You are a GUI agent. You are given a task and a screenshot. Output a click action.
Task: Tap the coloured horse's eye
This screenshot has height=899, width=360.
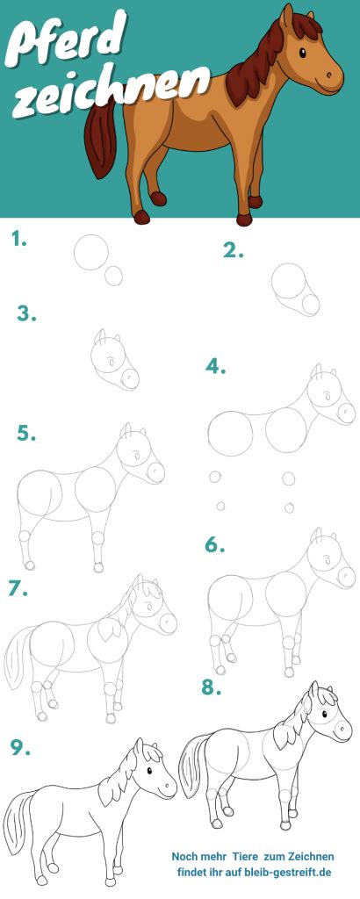(x=302, y=53)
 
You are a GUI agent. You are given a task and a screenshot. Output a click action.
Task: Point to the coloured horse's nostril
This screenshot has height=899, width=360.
(x=329, y=75)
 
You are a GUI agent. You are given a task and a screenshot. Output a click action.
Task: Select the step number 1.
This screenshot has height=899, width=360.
(x=19, y=240)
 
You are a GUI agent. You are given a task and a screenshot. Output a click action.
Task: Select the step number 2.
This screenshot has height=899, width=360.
(x=233, y=250)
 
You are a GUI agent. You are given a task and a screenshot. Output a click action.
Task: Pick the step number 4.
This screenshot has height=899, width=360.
(x=215, y=366)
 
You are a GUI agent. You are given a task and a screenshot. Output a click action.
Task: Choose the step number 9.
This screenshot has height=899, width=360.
(x=20, y=746)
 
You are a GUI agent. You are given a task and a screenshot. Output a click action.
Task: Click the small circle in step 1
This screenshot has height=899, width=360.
(x=113, y=276)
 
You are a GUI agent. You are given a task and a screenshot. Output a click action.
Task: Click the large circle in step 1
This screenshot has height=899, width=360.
(x=91, y=252)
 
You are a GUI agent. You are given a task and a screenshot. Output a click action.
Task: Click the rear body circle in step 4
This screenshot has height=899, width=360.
(x=230, y=433)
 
